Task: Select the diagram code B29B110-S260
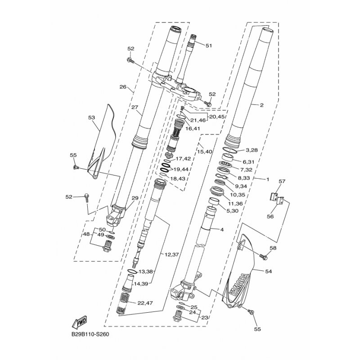[x=90, y=334]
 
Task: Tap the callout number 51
[x=208, y=46]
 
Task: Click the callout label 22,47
[x=145, y=303]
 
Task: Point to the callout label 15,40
[x=205, y=152]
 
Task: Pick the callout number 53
[x=91, y=117]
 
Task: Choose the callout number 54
[x=268, y=271]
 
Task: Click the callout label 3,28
[x=252, y=150]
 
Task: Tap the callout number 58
[x=273, y=248]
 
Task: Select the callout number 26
[x=123, y=87]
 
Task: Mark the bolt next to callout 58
[x=264, y=256]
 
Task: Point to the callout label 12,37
[x=172, y=254]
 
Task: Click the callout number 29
[x=135, y=198]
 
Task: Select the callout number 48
[x=86, y=234]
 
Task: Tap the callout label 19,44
[x=181, y=170]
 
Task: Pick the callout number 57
[x=282, y=181]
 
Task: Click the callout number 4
[x=222, y=229]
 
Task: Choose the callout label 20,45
[x=217, y=117]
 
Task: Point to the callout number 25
[x=194, y=307]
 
